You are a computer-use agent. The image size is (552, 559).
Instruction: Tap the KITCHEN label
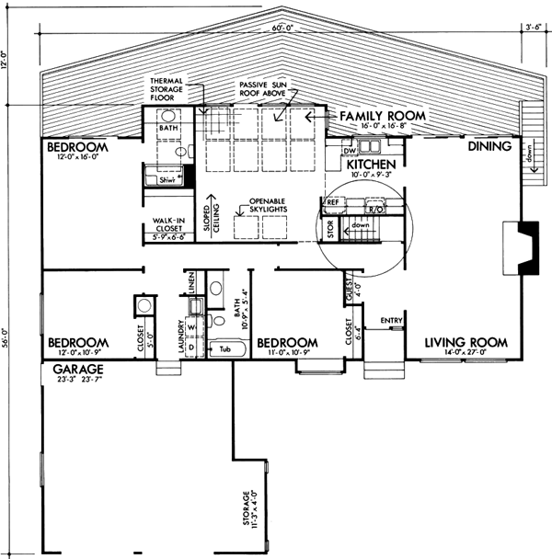point(372,165)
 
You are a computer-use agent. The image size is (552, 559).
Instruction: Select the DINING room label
point(489,146)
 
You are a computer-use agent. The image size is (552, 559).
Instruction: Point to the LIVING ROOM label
point(466,343)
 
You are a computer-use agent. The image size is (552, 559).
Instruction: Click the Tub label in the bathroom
point(224,349)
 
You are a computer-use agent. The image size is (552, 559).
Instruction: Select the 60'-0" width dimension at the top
point(283,28)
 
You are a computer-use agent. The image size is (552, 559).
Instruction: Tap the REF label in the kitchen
point(332,199)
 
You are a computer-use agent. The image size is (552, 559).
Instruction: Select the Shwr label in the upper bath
point(167,180)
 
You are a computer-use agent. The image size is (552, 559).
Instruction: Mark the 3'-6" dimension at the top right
point(533,28)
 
